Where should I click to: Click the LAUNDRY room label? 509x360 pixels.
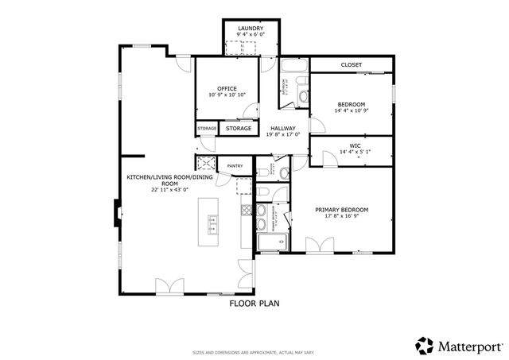(251, 29)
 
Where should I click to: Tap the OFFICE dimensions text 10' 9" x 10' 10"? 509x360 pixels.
(227, 95)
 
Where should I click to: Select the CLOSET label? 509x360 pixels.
(351, 64)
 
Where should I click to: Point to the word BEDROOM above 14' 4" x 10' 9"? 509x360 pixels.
(351, 104)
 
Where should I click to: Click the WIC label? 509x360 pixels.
(355, 145)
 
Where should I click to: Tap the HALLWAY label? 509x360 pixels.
(282, 128)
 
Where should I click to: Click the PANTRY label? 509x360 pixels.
(235, 166)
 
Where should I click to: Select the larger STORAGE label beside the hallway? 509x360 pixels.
(239, 128)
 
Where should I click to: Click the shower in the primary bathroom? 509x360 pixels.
(270, 244)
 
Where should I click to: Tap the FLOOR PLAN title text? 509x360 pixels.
(254, 303)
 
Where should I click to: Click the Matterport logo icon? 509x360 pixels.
(425, 345)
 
